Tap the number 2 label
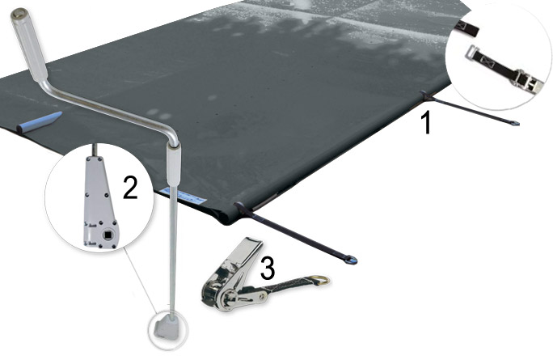tap(129, 188)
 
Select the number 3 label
tap(266, 265)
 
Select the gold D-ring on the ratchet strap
tap(322, 281)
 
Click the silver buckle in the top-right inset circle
tap(522, 80)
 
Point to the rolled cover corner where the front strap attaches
tap(240, 211)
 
